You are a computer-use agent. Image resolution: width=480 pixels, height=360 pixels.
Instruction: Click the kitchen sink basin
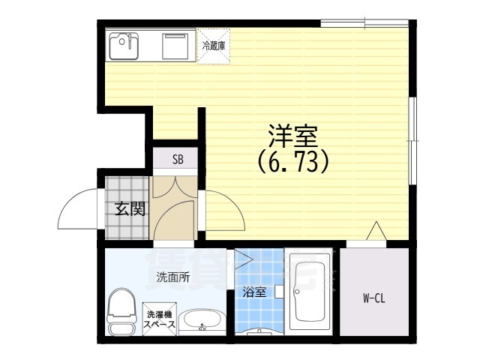(x=124, y=46)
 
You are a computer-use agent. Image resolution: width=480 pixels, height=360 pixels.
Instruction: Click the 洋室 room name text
(x=294, y=136)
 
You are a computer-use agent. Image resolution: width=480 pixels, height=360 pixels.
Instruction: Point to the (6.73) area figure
(x=294, y=161)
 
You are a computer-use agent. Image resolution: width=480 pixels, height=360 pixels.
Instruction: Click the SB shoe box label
(x=178, y=159)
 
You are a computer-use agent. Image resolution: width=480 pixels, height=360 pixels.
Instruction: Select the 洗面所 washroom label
(x=172, y=277)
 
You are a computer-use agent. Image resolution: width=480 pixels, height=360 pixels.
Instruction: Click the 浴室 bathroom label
(x=253, y=293)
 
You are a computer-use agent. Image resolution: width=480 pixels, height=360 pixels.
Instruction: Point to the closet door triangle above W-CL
(x=376, y=232)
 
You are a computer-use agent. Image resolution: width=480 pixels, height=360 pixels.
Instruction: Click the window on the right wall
(x=411, y=139)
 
